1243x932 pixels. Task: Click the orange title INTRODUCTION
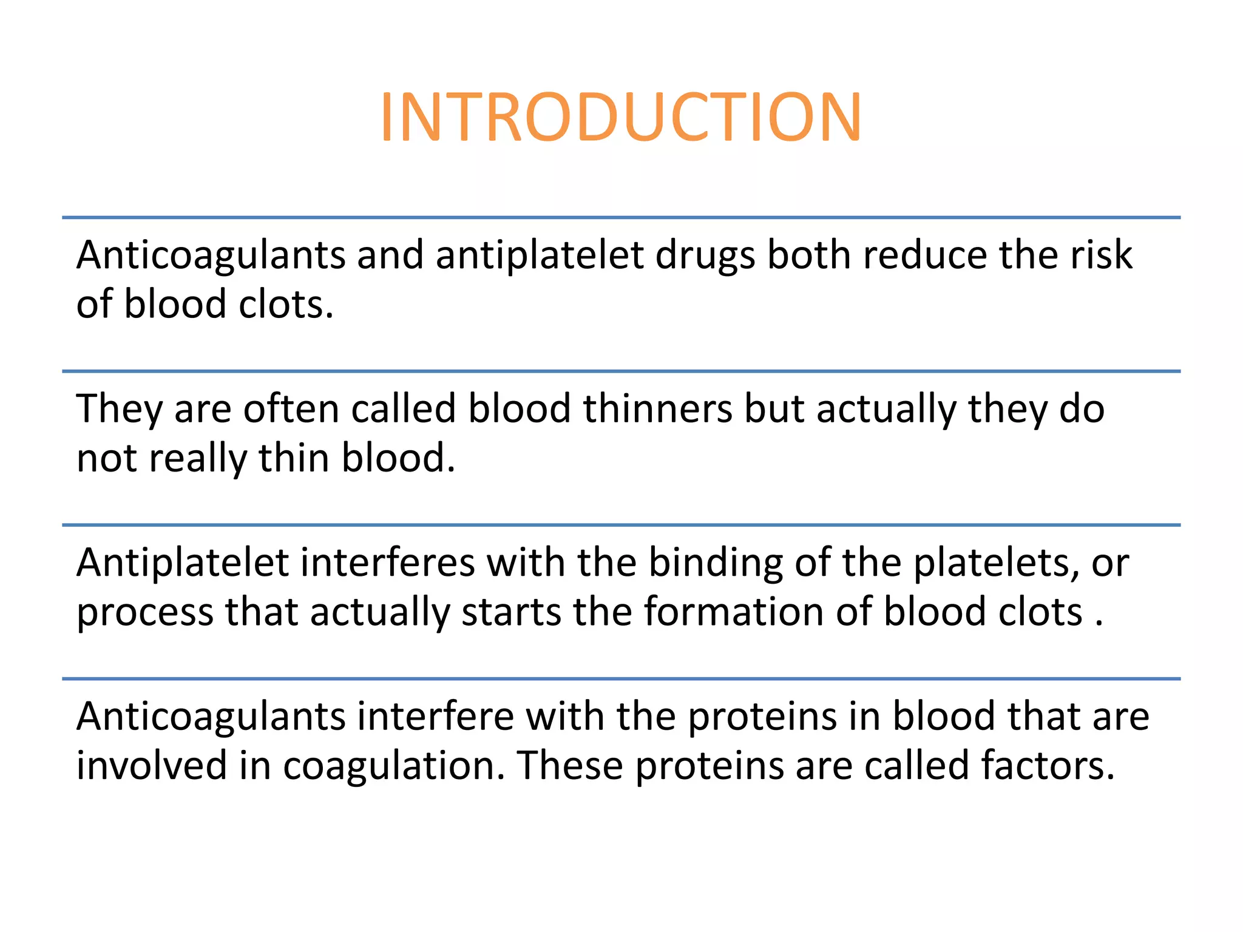click(620, 117)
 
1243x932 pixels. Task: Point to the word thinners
click(658, 408)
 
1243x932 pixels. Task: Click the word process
click(145, 613)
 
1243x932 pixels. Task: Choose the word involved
click(152, 765)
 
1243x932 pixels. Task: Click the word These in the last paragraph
click(570, 765)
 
